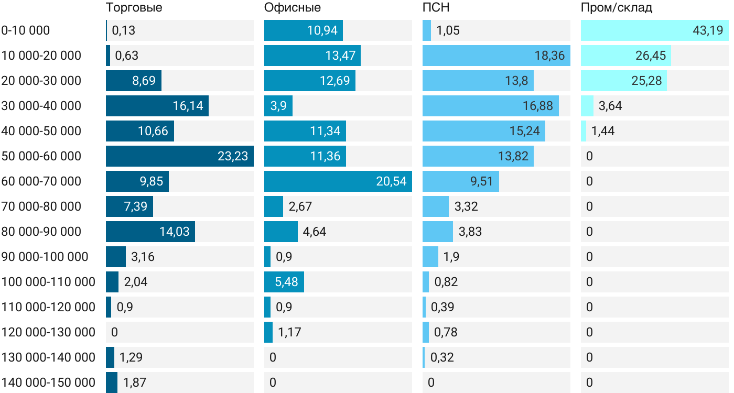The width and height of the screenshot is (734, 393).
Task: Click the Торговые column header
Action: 134,8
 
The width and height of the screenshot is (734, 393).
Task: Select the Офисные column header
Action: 293,8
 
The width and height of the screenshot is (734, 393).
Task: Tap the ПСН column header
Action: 436,8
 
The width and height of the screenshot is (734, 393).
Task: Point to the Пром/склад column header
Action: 617,8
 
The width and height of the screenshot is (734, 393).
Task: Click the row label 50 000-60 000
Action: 41,156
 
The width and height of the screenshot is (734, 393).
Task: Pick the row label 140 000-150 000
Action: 48,383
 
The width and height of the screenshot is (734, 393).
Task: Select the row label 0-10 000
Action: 26,30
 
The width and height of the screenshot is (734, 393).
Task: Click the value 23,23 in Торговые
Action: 233,156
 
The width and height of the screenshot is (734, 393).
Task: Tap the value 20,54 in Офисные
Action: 391,181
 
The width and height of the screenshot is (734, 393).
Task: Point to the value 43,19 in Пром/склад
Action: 708,30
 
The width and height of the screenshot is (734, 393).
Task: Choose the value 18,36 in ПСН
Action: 549,56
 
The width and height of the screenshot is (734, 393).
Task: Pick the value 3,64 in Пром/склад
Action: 610,106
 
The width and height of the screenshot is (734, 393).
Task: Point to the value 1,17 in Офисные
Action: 289,332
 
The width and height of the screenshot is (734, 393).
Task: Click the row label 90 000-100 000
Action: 45,257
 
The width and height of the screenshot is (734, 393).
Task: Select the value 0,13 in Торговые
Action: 124,30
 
